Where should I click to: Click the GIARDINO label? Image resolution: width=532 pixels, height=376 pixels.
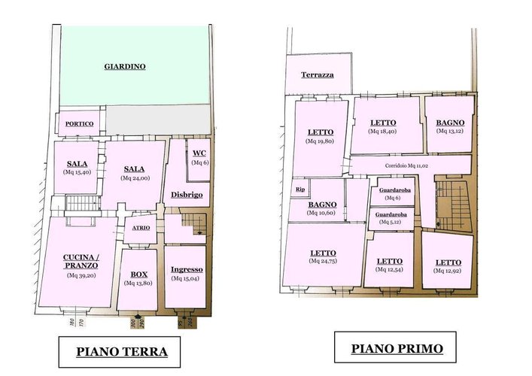point(125,66)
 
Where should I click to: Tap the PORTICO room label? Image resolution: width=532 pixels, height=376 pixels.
point(80,124)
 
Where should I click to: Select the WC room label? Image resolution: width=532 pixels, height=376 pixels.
point(199,153)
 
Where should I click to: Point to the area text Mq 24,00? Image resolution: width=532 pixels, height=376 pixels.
point(135,178)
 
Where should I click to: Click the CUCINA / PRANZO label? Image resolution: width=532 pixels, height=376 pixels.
point(81,261)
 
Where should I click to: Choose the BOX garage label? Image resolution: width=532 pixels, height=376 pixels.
point(139,274)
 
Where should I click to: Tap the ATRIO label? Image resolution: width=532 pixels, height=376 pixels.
point(141,228)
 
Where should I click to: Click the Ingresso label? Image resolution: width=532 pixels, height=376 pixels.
point(187,269)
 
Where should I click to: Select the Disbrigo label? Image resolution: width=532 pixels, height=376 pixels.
point(187,195)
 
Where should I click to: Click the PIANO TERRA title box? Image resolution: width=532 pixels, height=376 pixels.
point(120,352)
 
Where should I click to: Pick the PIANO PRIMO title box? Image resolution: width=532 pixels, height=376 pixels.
point(395,347)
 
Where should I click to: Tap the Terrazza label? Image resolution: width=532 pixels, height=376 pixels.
point(318,74)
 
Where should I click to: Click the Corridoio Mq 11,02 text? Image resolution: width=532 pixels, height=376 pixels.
point(406,165)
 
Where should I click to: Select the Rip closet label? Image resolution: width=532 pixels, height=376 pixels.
point(300,190)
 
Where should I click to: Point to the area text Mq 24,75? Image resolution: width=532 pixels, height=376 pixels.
point(323,261)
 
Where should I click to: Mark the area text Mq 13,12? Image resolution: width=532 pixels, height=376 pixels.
point(450,131)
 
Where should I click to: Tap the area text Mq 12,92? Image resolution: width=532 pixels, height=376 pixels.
point(448,271)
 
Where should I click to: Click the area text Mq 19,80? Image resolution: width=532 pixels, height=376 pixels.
point(320,141)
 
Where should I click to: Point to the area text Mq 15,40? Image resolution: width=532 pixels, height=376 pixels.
point(77,172)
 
